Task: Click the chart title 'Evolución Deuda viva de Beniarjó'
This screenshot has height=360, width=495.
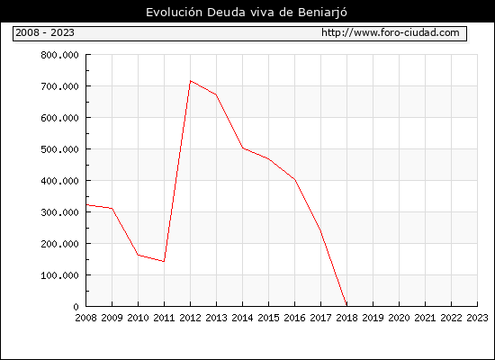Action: click(x=247, y=13)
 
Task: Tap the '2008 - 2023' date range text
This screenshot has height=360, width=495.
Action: click(x=45, y=32)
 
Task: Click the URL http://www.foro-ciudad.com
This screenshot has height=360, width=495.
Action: click(x=391, y=32)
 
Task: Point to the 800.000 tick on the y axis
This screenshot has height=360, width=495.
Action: click(x=59, y=55)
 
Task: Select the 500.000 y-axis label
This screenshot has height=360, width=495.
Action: click(x=59, y=149)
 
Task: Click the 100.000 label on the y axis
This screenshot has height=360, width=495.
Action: click(x=59, y=275)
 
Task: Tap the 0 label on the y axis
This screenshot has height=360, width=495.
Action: click(x=76, y=307)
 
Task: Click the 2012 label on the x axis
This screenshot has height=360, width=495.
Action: click(x=191, y=318)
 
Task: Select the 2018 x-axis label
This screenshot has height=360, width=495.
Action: click(x=346, y=318)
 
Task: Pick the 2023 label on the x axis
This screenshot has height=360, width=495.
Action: click(x=477, y=318)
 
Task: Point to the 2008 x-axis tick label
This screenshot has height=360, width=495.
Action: click(x=85, y=318)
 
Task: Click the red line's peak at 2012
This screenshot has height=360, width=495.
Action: click(x=191, y=81)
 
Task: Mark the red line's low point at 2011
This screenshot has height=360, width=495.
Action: click(x=164, y=262)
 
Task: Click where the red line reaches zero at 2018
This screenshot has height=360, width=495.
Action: click(x=346, y=305)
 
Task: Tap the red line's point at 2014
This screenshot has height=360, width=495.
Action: click(x=242, y=148)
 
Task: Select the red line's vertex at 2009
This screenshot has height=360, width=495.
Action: click(x=112, y=208)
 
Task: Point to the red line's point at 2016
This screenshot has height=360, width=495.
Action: click(x=295, y=180)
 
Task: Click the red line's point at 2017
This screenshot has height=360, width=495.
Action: click(x=320, y=230)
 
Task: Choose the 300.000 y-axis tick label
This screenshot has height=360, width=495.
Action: click(x=59, y=212)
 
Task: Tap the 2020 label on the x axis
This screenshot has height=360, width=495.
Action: click(x=399, y=318)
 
